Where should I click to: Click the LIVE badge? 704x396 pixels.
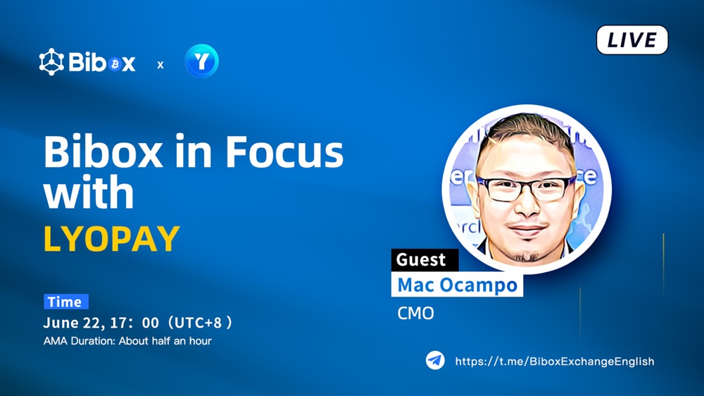coord(632,40)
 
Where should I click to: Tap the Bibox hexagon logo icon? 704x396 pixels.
coord(51,61)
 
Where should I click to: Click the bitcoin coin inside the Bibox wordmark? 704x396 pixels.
coord(115,64)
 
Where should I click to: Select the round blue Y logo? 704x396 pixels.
coord(201,61)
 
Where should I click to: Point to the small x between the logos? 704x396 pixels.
coord(161,65)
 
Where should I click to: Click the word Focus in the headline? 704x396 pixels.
coord(284,151)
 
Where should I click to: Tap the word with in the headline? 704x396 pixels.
coord(89,192)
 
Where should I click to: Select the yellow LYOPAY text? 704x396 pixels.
coord(112,239)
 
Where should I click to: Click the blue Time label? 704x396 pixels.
coord(66,302)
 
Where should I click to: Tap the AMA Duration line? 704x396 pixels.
coord(127,341)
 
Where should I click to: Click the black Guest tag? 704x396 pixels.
coord(425,260)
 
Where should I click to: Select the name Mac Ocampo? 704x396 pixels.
coord(457,285)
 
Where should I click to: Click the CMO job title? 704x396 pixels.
coord(416,314)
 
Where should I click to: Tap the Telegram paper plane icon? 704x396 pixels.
coord(435,360)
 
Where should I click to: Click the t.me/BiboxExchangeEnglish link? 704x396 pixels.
coord(555,361)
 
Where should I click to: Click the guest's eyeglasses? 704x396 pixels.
coord(526,188)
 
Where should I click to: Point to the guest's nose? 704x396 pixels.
coord(527,204)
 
